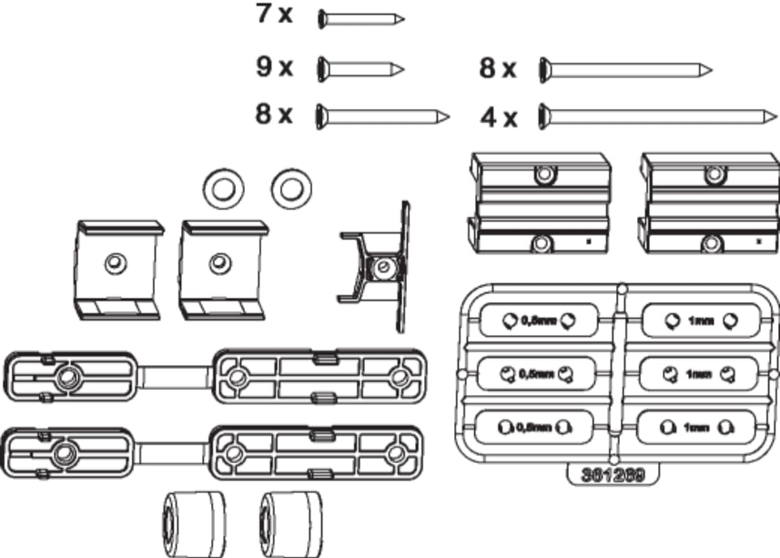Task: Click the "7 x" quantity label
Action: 274,15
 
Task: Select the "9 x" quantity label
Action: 274,67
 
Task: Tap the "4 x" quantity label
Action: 499,117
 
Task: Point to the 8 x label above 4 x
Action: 497,68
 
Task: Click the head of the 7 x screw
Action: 322,19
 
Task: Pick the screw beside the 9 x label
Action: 360,68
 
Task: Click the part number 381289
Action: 612,474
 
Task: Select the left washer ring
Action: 223,186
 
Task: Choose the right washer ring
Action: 292,186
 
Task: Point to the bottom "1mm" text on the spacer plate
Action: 696,428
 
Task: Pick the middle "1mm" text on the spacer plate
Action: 698,375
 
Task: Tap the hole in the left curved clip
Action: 113,264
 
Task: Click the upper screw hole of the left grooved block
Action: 543,174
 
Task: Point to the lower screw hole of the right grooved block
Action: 712,243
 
